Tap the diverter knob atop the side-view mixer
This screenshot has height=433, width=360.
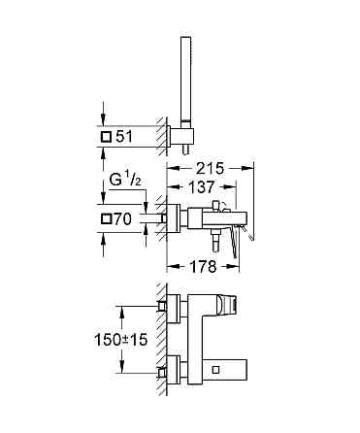[x=218, y=201]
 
